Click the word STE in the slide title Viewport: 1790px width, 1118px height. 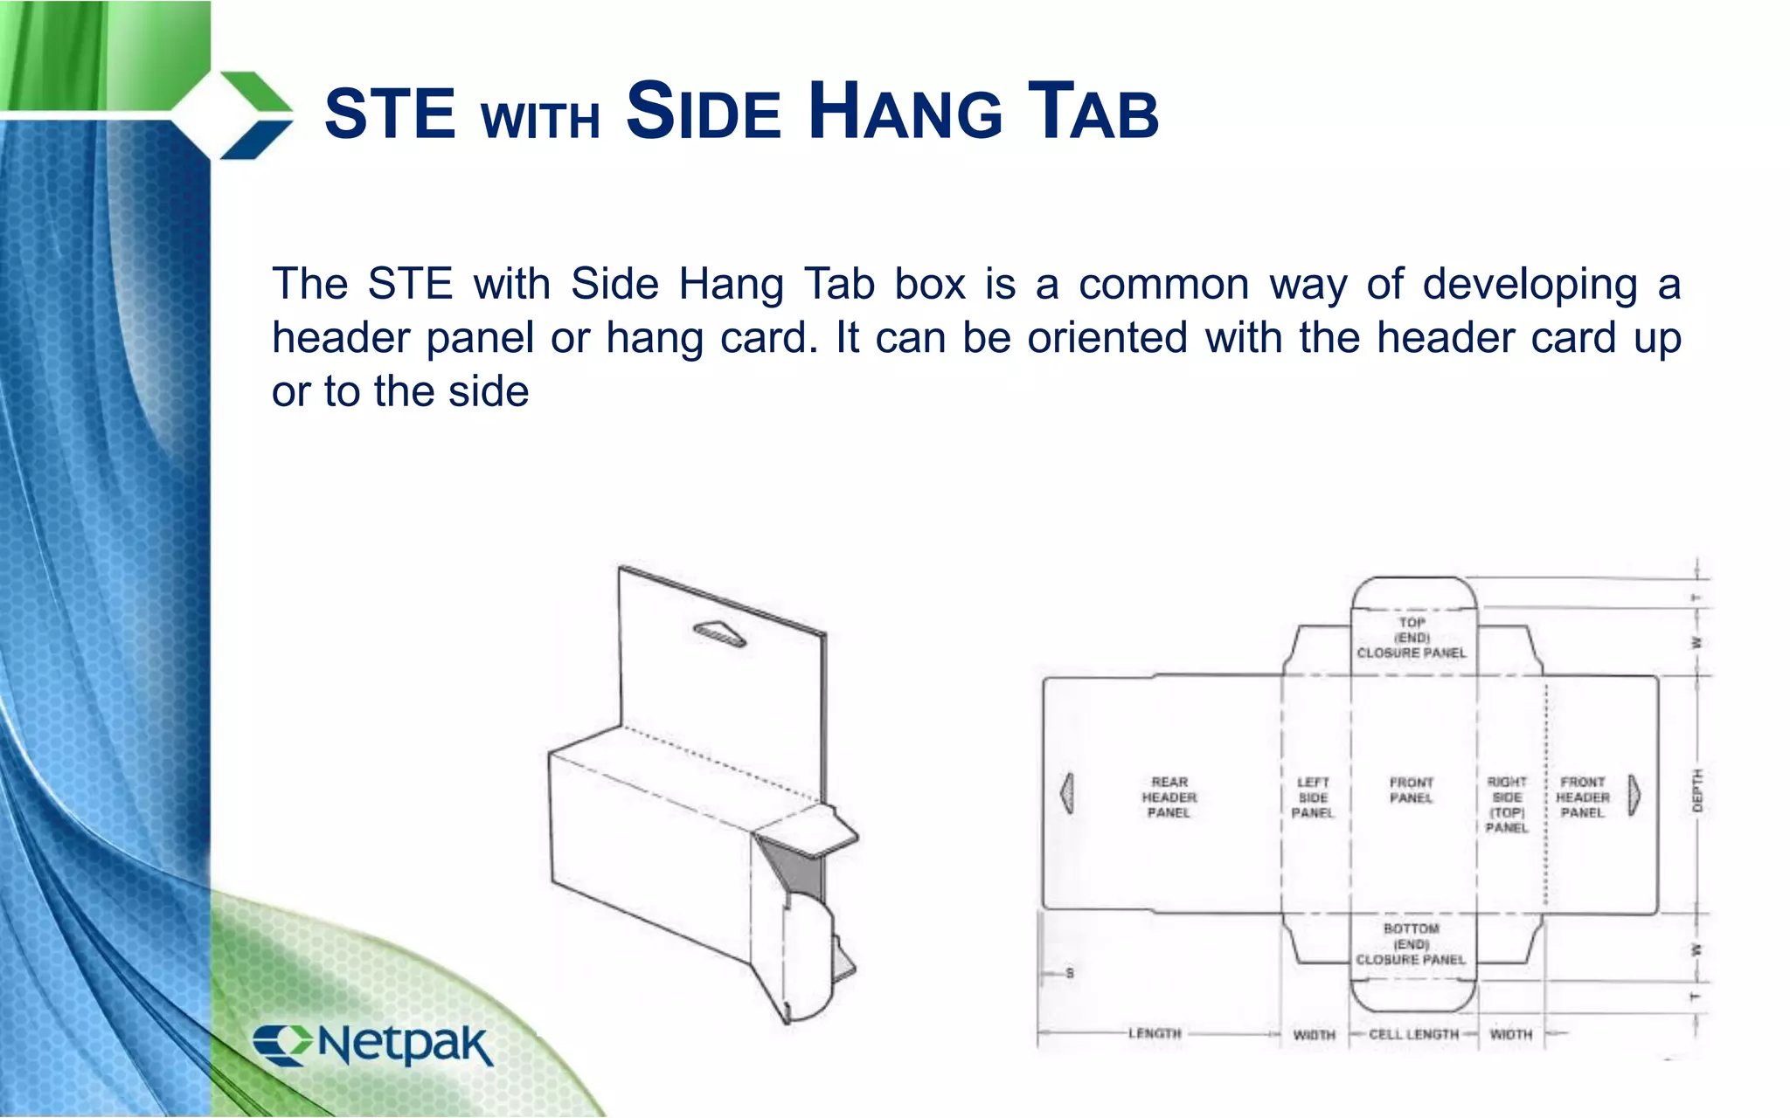tap(390, 114)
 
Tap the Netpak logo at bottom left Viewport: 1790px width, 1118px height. tap(373, 1044)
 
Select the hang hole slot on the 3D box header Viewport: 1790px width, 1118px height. tap(719, 634)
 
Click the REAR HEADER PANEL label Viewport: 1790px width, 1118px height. tap(1169, 797)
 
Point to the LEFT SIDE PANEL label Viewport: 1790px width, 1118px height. tap(1313, 797)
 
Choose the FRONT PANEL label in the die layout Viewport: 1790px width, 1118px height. tap(1412, 790)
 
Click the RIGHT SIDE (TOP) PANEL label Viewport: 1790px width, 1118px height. tap(1507, 804)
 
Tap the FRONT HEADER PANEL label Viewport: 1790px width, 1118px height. tap(1583, 797)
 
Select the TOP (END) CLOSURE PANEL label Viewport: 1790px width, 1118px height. tap(1412, 638)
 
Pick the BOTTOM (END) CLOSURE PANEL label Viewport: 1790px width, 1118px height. tap(1411, 944)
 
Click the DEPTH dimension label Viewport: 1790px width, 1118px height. tap(1697, 791)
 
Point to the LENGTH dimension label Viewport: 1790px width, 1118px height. tap(1155, 1033)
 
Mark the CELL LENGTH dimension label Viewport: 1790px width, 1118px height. tap(1413, 1034)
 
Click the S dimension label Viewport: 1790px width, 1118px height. tap(1070, 973)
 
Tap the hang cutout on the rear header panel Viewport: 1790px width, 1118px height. tap(1067, 793)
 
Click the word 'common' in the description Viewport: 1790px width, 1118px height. tap(1164, 285)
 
